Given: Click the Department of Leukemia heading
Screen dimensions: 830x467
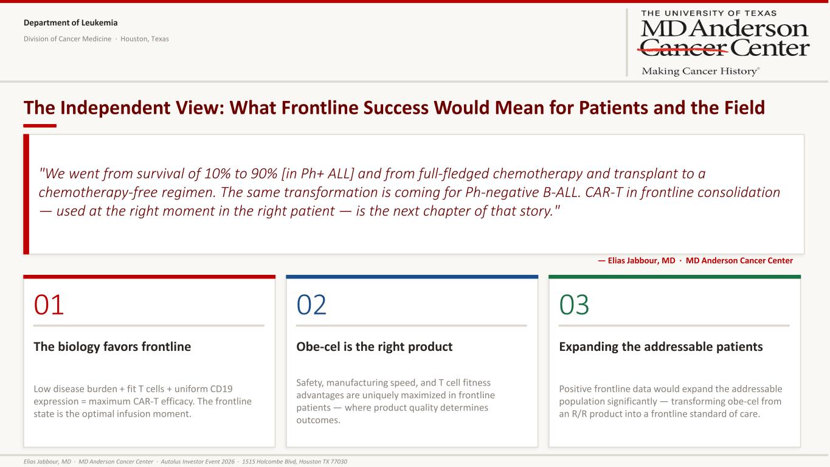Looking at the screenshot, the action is click(x=71, y=22).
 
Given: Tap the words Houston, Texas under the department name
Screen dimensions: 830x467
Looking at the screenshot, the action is click(x=145, y=39).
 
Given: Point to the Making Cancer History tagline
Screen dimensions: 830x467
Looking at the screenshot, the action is click(x=700, y=71).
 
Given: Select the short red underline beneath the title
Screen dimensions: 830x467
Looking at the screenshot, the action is click(x=40, y=126).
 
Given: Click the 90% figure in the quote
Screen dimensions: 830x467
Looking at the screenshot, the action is click(x=264, y=173).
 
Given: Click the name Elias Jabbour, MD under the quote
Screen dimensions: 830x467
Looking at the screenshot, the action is click(x=642, y=260).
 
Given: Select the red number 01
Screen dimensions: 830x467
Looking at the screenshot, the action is click(x=49, y=305).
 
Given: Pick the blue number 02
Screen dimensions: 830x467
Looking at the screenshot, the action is click(x=311, y=305).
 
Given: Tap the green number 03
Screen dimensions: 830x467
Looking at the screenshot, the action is click(x=574, y=305).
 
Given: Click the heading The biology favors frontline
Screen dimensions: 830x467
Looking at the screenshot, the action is click(x=112, y=347).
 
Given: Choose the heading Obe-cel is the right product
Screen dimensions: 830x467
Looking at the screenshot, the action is click(x=374, y=347).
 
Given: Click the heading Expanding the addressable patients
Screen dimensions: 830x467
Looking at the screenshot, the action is click(x=661, y=347).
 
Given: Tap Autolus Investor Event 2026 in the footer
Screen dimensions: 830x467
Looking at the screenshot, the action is click(x=198, y=462).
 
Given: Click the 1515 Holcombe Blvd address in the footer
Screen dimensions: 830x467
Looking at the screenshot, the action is click(x=294, y=462).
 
